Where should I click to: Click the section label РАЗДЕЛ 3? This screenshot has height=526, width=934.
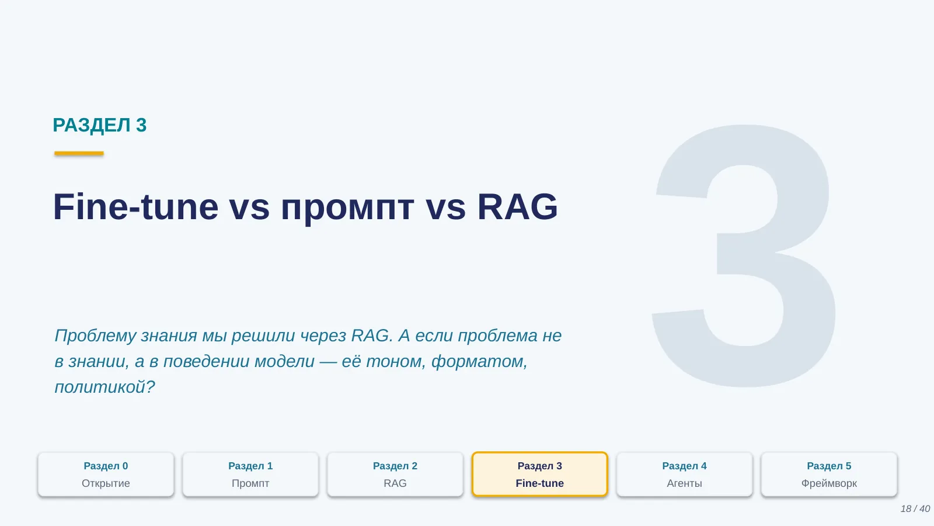(x=100, y=125)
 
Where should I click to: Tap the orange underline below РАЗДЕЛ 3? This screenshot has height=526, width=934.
(x=79, y=153)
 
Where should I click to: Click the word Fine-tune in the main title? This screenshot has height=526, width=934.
(x=135, y=206)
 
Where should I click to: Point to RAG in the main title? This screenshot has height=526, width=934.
(x=517, y=206)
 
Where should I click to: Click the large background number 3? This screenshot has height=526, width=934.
(x=744, y=255)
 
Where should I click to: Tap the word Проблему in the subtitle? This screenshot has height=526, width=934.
(x=96, y=336)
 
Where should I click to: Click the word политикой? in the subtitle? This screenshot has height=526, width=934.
(x=104, y=387)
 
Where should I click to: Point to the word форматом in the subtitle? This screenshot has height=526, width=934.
(x=479, y=362)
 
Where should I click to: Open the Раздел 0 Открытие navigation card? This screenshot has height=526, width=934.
(x=106, y=474)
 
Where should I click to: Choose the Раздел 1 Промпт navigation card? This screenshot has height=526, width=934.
(x=250, y=474)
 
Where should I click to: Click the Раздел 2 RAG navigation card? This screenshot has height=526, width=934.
(x=395, y=474)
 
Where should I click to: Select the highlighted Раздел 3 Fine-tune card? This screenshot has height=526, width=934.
(x=540, y=474)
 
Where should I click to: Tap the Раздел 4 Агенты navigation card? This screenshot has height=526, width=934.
(x=685, y=474)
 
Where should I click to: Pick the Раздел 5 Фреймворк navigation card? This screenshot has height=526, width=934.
(x=830, y=474)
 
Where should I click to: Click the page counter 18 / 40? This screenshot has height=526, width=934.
(x=915, y=509)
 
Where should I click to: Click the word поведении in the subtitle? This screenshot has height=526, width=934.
(x=207, y=362)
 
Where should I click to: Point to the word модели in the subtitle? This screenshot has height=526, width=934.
(x=284, y=362)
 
